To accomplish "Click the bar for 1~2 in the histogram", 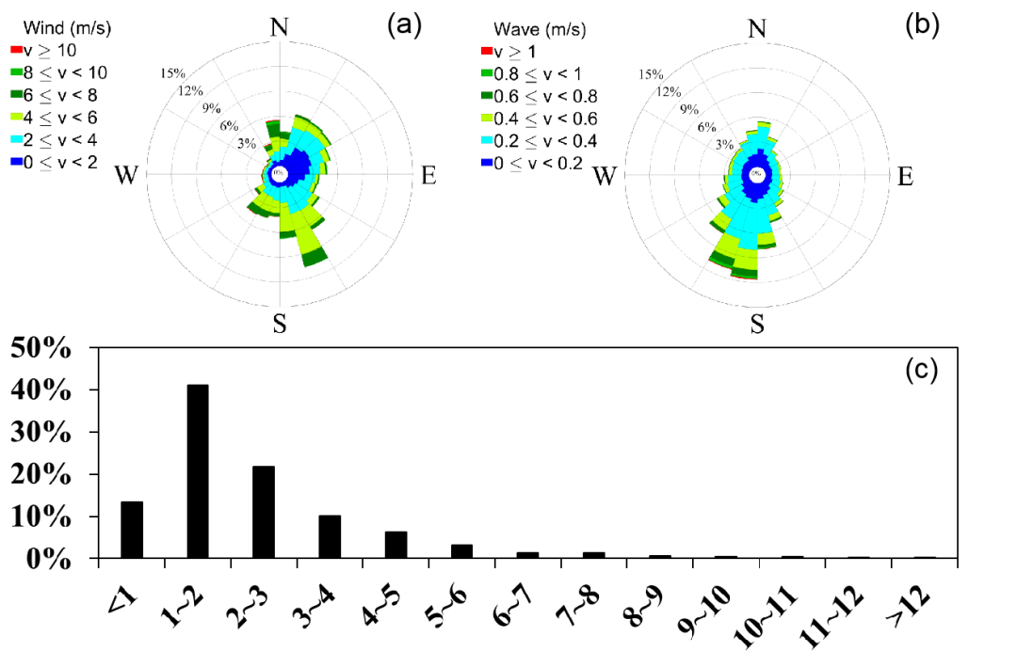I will pos(198,471).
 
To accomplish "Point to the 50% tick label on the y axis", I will pos(42,347).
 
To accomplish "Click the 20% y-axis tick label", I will pos(42,474).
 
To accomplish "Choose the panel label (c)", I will pos(921,370).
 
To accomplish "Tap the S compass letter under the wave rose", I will pos(757,325).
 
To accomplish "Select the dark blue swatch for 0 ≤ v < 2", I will pos(16,162).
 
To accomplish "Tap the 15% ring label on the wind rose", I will pos(173,73).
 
